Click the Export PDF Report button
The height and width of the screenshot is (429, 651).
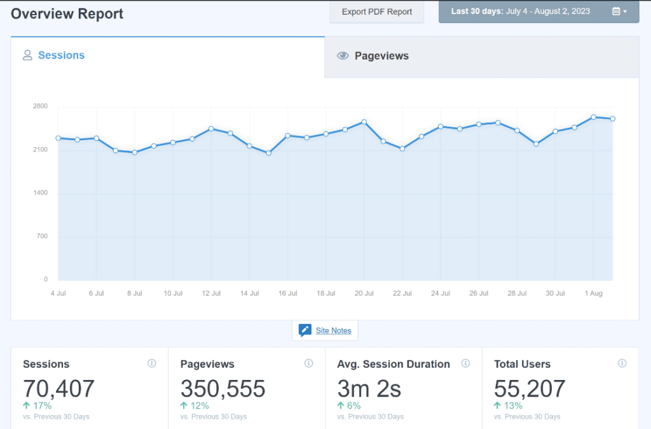pos(376,11)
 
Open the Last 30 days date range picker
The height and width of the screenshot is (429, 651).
pos(538,11)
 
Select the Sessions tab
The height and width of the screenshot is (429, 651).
pos(61,55)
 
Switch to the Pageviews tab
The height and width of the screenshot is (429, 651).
pos(381,56)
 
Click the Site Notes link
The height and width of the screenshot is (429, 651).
pos(333,330)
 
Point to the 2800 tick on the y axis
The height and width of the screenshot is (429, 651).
pos(40,106)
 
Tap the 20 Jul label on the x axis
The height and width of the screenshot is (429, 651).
pos(364,293)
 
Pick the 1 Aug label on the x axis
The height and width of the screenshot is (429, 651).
pos(593,293)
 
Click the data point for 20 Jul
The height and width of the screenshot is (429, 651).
pos(364,122)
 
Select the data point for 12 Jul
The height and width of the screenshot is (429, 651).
pos(211,129)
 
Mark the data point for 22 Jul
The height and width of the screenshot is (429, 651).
pos(402,148)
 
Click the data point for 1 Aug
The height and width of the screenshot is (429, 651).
pos(593,117)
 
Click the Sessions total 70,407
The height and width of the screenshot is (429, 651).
pos(58,388)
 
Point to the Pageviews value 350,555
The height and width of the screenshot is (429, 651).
pos(223,388)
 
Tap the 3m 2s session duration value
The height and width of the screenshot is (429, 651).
pos(369,388)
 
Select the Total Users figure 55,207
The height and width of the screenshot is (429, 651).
pos(530,388)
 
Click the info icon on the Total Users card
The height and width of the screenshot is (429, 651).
pos(622,363)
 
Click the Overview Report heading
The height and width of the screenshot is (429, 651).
pos(67,13)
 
